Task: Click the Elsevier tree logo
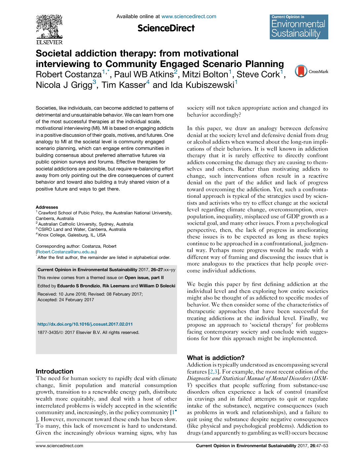[x=49, y=29]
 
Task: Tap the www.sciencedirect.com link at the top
[x=188, y=17]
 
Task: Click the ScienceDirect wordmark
[x=166, y=28]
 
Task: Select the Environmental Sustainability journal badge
[x=299, y=27]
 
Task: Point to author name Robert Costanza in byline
[x=68, y=75]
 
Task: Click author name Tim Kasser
[x=123, y=85]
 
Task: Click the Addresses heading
[x=47, y=207]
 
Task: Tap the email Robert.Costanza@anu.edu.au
[x=66, y=252]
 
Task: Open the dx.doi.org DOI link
[x=85, y=324]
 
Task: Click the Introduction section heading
[x=55, y=371]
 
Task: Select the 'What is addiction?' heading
[x=216, y=358]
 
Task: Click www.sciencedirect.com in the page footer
[x=60, y=446]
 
